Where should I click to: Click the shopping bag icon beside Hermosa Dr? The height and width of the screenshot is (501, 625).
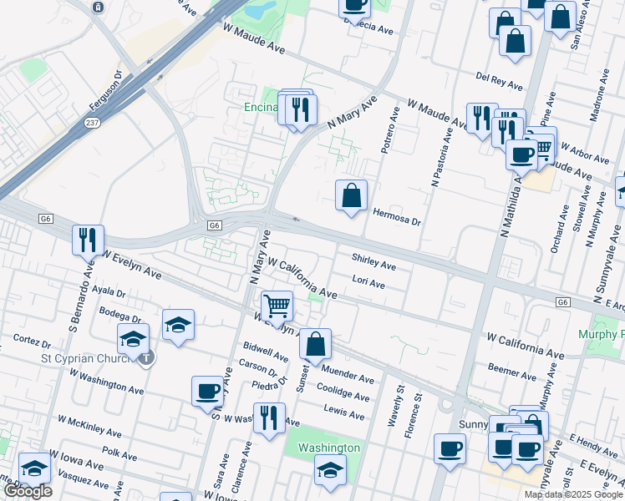point(352,196)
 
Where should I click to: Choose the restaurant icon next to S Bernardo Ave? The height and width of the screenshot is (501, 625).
point(88,240)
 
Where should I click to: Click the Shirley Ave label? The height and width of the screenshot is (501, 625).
point(373,262)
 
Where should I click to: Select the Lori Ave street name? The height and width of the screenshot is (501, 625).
point(368,283)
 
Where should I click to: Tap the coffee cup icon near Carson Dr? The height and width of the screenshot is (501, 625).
point(207,391)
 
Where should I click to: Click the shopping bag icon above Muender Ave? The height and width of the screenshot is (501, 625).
point(316,344)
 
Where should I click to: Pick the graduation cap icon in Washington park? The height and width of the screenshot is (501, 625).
point(330,469)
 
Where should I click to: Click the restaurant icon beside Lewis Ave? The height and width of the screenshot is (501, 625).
point(268,417)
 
